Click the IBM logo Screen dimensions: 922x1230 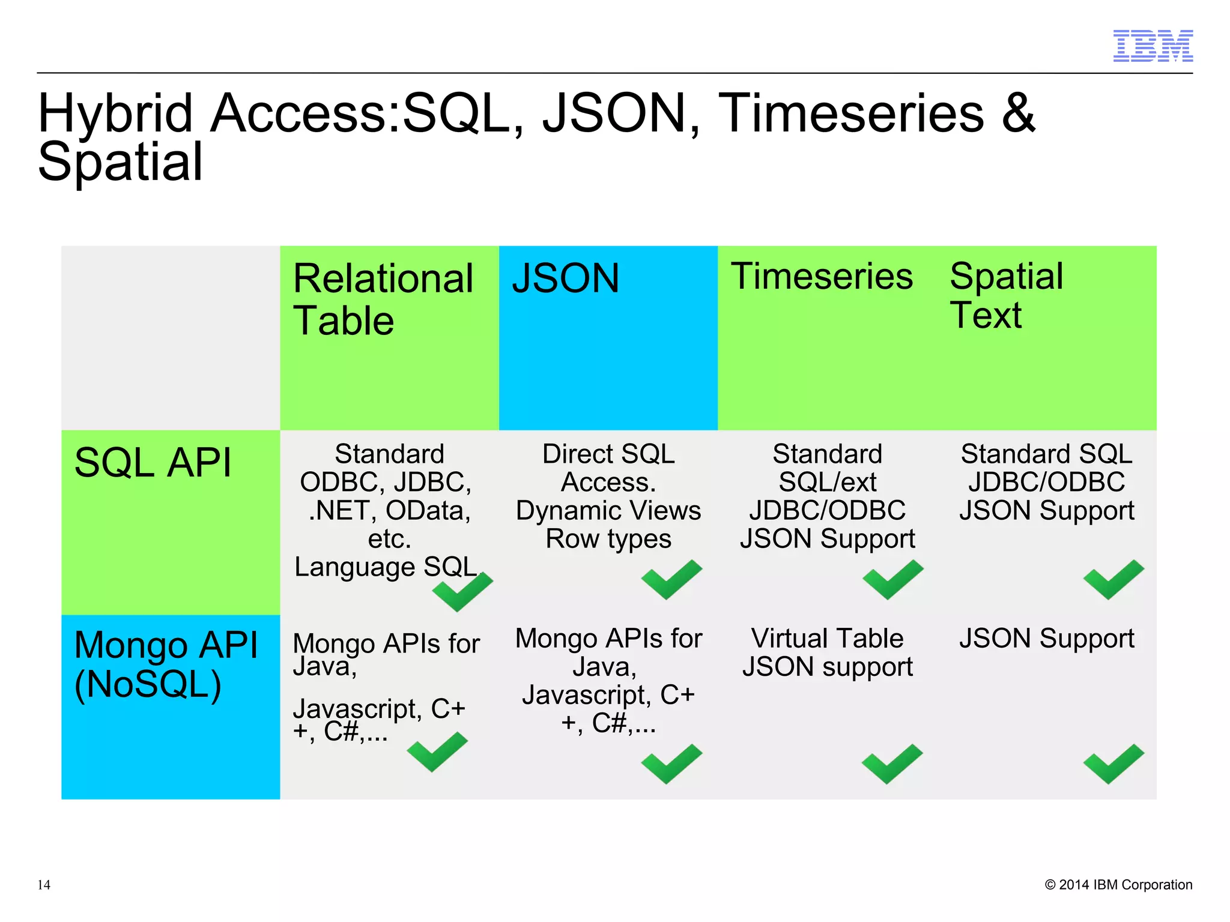point(1153,46)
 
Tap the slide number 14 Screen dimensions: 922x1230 point(44,885)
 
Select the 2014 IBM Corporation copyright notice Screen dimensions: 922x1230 point(1118,885)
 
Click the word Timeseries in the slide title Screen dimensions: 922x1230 point(851,113)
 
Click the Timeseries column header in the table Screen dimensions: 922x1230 point(821,277)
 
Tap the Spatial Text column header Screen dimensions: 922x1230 point(1006,296)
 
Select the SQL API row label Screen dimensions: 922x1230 point(153,463)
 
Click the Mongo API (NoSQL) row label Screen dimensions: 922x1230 point(165,664)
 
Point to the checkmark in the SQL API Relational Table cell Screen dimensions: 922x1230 point(461,592)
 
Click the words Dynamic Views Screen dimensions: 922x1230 point(608,511)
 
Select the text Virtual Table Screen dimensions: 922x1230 point(826,638)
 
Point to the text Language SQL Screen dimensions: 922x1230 point(386,567)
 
